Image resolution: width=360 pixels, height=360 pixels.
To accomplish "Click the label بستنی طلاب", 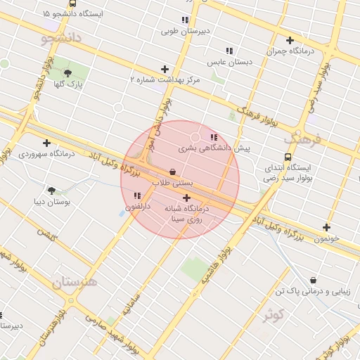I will pyautogui.click(x=172, y=182).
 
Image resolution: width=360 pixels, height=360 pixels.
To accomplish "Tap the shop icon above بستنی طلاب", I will pyautogui.click(x=172, y=172).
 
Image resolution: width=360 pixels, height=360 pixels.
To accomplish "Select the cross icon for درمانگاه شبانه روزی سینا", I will pyautogui.click(x=186, y=198).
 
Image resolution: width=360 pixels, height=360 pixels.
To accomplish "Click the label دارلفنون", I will pyautogui.click(x=138, y=207).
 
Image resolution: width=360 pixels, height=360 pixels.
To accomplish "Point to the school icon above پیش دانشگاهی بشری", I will pyautogui.click(x=214, y=137).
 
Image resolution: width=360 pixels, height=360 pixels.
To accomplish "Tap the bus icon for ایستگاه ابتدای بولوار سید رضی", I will pyautogui.click(x=287, y=157).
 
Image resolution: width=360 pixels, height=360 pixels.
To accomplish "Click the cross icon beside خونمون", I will pyautogui.click(x=326, y=227).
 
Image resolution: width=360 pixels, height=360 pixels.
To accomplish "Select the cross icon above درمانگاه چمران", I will pyautogui.click(x=290, y=40).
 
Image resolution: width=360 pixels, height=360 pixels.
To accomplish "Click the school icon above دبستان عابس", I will pyautogui.click(x=229, y=51).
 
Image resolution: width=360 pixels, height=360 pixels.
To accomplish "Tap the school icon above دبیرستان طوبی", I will pyautogui.click(x=185, y=20).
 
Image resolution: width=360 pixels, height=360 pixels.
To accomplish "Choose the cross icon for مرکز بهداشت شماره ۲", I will pyautogui.click(x=165, y=69).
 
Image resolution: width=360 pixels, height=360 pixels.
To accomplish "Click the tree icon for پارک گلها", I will pyautogui.click(x=67, y=73).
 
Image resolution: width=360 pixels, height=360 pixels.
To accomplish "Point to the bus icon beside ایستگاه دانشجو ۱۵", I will pyautogui.click(x=73, y=4).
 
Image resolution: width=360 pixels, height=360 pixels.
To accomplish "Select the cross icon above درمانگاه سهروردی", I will pyautogui.click(x=46, y=143).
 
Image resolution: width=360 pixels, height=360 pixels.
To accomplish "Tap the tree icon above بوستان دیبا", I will pyautogui.click(x=51, y=190).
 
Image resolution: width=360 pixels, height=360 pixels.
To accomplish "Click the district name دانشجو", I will pyautogui.click(x=63, y=37).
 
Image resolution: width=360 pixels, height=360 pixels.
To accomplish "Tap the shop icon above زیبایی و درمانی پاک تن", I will pyautogui.click(x=312, y=280).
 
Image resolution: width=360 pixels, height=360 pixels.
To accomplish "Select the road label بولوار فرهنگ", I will pyautogui.click(x=258, y=117).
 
